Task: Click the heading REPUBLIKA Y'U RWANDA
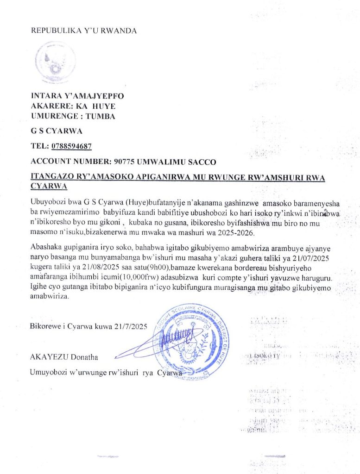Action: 84,31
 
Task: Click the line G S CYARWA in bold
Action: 50,131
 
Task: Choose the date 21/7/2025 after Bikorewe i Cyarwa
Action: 130,326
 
